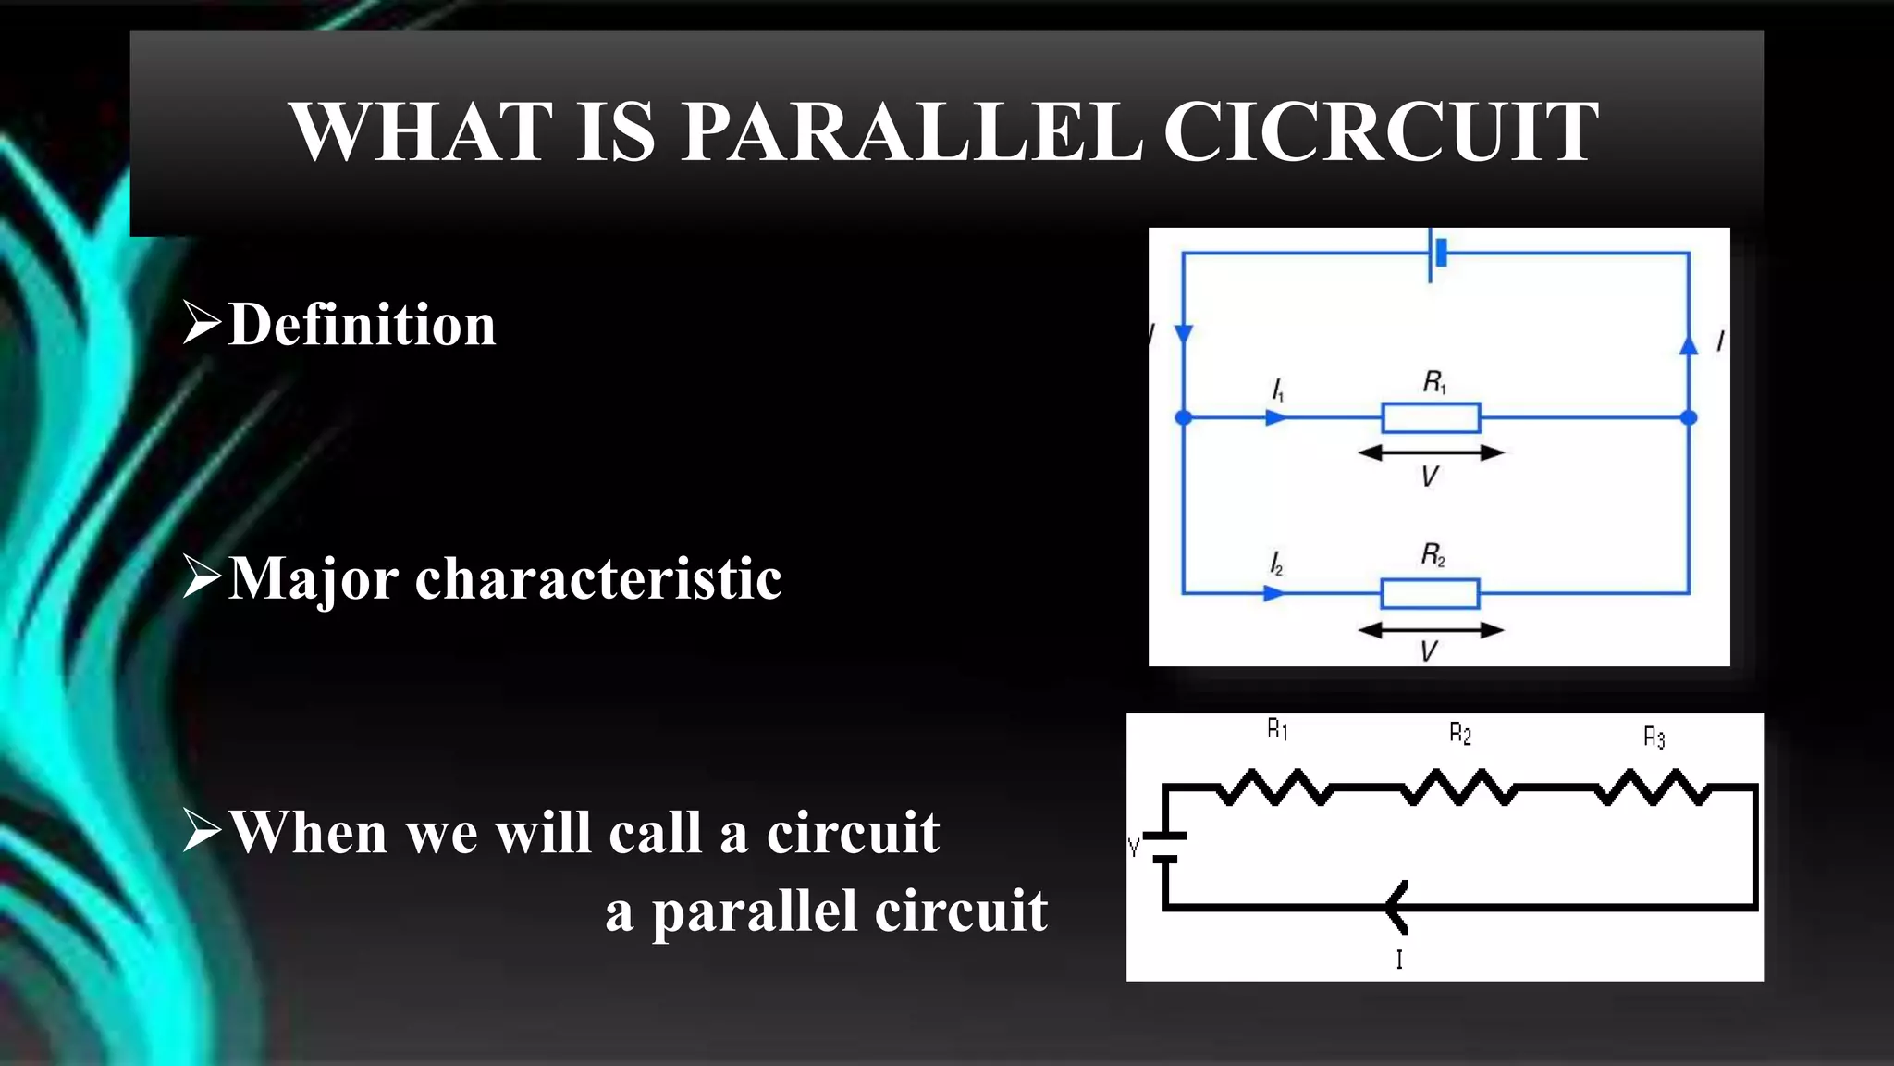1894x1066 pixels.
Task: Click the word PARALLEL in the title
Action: [x=911, y=131]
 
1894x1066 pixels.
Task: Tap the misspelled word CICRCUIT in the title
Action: [x=1380, y=131]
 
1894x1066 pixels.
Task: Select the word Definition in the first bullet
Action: [x=362, y=325]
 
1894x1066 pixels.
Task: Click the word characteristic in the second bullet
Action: [x=598, y=579]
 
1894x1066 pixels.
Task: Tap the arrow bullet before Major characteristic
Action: [x=202, y=576]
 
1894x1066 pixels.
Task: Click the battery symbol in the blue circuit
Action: [x=1436, y=253]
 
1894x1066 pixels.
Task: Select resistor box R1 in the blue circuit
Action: [x=1431, y=418]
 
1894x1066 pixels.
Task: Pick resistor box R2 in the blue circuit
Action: [x=1430, y=593]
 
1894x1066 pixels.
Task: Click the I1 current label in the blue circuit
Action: [x=1278, y=390]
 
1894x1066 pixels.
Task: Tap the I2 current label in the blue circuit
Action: [x=1276, y=564]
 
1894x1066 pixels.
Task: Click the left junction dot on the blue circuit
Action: [x=1183, y=418]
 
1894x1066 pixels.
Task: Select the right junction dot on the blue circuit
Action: [x=1689, y=417]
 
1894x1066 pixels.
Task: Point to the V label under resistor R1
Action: [x=1430, y=477]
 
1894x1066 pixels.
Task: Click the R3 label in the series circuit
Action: [x=1654, y=738]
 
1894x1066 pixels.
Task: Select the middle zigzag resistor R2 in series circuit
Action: [x=1459, y=787]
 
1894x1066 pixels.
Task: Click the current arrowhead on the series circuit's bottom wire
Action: [x=1396, y=907]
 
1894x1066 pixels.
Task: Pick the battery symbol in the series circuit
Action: [x=1166, y=847]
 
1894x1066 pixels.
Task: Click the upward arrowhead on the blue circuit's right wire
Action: [x=1689, y=346]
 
